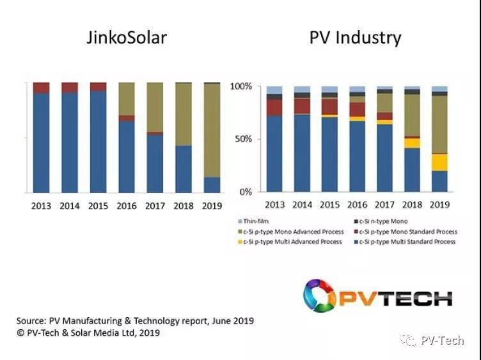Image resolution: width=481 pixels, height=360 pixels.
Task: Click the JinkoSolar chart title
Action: coord(126,37)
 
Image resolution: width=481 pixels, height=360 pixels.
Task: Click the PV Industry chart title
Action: coord(355,37)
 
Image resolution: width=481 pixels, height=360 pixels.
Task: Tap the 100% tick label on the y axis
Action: coord(241,86)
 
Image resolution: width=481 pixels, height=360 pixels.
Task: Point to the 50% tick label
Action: coord(244,139)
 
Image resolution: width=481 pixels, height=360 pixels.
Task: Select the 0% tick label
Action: coord(246,192)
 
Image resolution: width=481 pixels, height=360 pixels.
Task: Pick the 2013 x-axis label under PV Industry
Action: coord(274,205)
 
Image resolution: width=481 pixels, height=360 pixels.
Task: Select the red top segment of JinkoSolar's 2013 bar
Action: coord(41,88)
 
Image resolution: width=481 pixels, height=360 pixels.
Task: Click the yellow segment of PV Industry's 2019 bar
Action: coord(439,162)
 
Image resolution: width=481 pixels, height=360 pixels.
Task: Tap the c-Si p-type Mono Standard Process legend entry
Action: coord(406,231)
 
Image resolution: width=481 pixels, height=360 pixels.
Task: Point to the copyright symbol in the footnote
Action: coord(20,333)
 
